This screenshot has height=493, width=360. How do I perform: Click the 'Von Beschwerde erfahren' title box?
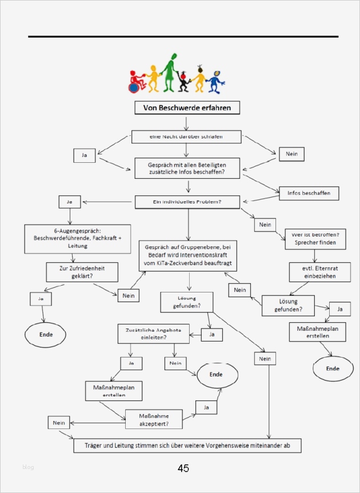pos(187,107)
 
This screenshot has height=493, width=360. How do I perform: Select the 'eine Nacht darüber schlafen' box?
pos(186,137)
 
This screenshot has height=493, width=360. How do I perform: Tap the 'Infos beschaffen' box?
pos(309,193)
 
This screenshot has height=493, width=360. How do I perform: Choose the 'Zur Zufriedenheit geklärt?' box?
pos(82,271)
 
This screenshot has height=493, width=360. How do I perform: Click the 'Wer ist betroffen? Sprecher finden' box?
pos(315,238)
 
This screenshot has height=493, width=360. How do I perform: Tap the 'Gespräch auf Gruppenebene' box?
pos(188,255)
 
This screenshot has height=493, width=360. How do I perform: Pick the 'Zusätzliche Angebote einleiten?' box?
pos(154,334)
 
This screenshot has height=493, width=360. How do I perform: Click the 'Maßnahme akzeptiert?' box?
pos(154,419)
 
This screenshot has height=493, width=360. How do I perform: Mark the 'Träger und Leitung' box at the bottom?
pos(187,445)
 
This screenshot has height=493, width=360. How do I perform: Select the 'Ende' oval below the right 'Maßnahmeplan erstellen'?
pos(333,368)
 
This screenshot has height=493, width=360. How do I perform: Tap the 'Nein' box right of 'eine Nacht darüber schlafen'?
pos(291,154)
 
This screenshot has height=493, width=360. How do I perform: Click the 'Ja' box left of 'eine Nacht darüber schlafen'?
pos(85,155)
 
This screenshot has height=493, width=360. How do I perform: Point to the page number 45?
pos(183,468)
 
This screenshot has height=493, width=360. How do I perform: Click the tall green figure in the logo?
pos(170,73)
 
